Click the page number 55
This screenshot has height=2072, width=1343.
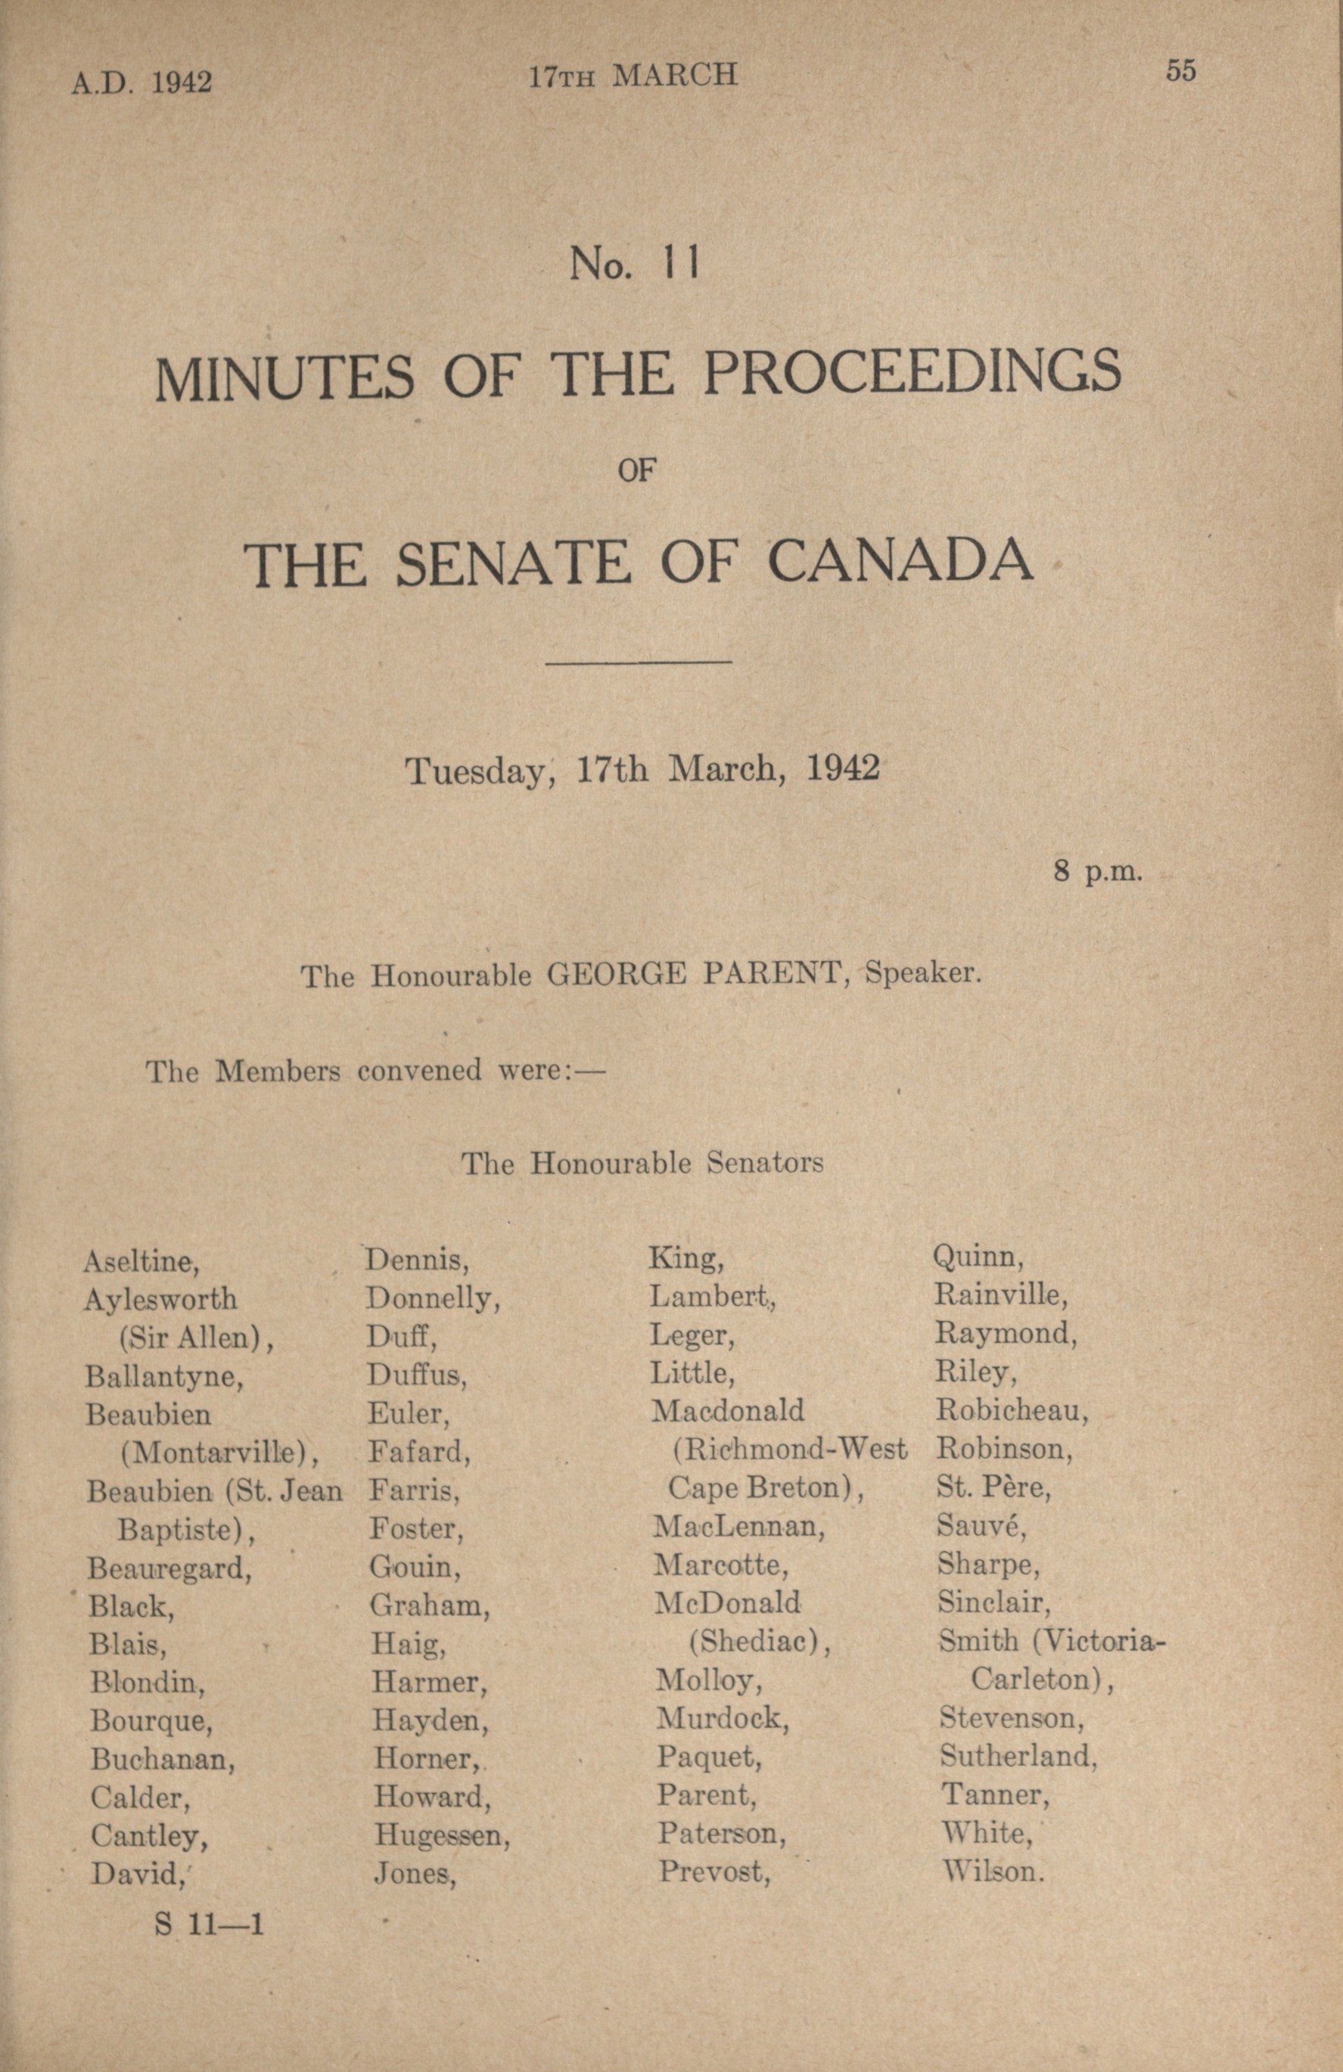[x=1181, y=71]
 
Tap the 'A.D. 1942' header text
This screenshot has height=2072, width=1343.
[x=141, y=82]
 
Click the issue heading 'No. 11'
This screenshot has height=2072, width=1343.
[x=634, y=264]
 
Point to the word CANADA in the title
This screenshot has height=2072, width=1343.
[x=900, y=563]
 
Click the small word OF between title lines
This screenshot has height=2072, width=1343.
[x=636, y=471]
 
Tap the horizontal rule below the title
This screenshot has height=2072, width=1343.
[x=638, y=662]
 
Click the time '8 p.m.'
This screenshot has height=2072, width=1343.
[x=1096, y=871]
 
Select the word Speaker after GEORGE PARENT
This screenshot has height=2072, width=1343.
[x=922, y=973]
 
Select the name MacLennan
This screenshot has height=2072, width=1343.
[x=738, y=1526]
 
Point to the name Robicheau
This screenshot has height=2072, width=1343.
[x=1012, y=1411]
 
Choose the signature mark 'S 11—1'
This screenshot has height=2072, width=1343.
[x=209, y=1923]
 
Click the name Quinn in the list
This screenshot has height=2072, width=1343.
[x=978, y=1257]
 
